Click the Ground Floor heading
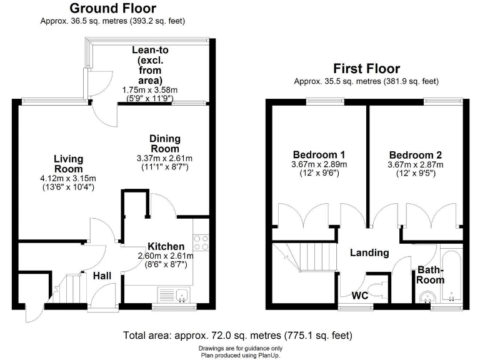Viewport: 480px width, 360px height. (112, 9)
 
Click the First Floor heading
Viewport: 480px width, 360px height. (366, 69)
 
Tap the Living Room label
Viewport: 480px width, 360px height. (68, 164)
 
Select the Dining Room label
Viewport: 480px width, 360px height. (164, 143)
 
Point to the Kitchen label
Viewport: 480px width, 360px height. (166, 246)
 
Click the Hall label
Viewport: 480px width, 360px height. (102, 276)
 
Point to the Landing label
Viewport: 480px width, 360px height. (369, 253)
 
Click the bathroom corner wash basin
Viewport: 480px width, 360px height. (426, 300)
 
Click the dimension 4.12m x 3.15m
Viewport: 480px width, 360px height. (68, 178)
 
